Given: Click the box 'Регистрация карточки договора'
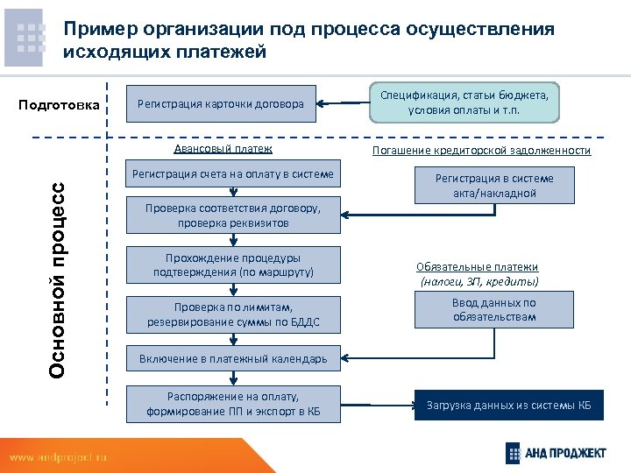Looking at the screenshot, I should [222, 105].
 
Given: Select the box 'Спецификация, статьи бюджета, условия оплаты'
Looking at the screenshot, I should [465, 102].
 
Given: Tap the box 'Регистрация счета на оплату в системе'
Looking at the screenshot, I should [232, 175].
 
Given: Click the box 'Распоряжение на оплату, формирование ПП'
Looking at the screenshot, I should [232, 404].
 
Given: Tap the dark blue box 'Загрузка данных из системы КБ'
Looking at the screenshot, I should [508, 406].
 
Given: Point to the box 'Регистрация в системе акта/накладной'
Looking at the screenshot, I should [495, 186].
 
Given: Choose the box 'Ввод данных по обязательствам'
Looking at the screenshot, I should [495, 310].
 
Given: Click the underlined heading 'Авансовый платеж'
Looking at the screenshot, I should [223, 150].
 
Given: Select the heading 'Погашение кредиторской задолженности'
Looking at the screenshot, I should [481, 151].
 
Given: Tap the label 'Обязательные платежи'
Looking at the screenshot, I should [478, 267].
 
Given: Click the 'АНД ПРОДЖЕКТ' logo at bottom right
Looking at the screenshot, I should [556, 452].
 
